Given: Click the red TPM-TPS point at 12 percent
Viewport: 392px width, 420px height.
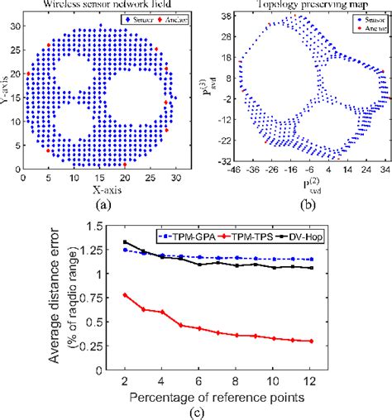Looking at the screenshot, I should (356, 341).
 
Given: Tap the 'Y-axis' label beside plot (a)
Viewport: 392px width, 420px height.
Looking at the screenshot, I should (7, 92).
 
